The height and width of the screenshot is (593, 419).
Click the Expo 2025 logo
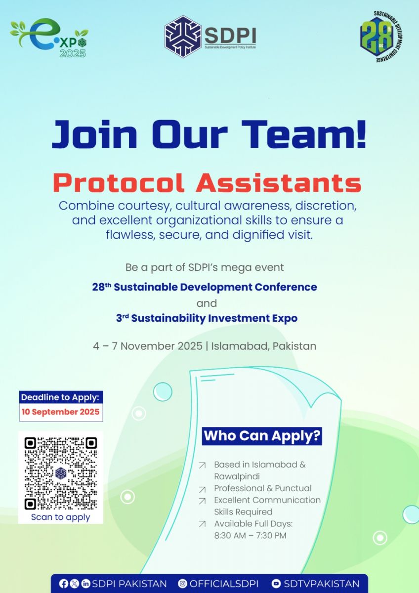(49, 38)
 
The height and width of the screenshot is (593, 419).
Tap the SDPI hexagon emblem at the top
(183, 37)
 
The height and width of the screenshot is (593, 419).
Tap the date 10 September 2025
(61, 412)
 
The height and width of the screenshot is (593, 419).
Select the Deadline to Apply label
(61, 397)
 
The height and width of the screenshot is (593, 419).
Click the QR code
(61, 473)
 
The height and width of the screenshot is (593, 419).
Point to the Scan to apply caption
(61, 517)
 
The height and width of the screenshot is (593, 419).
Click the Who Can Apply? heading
(262, 436)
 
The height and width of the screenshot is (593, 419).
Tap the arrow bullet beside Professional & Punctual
(202, 490)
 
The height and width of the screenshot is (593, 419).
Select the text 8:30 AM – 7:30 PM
(251, 536)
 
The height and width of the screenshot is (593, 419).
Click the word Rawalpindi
(237, 476)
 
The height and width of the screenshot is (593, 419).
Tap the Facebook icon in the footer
(64, 584)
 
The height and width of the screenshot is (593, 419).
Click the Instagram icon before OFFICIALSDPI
(182, 584)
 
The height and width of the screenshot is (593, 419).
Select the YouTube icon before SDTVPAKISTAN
(276, 584)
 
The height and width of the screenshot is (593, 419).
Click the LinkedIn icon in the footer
(85, 584)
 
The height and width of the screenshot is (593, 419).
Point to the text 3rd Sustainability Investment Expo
(207, 318)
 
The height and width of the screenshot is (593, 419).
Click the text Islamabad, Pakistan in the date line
(264, 346)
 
